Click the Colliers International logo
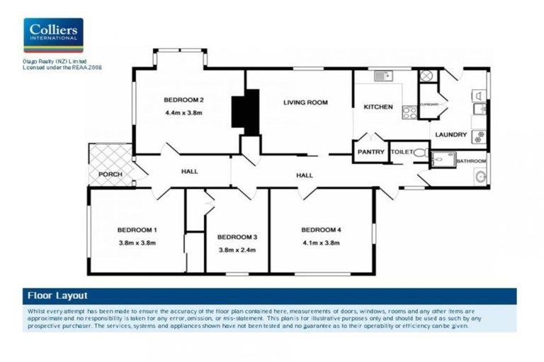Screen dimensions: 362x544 coord(53,35)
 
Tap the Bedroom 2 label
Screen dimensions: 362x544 coord(183,99)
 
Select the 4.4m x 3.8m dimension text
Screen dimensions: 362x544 coord(183,112)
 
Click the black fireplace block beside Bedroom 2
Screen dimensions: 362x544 coord(245,112)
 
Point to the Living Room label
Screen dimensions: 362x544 coord(305,103)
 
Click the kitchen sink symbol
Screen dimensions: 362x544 coord(383,75)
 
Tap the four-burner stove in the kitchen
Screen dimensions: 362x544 coord(409,111)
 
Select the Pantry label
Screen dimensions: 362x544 coord(371,152)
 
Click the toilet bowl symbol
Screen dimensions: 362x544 coord(419,152)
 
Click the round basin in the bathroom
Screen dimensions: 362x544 coord(481,177)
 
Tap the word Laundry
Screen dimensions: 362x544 coord(450,134)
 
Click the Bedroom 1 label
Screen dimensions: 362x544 coord(137,230)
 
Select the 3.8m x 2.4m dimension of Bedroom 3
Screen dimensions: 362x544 coord(236,250)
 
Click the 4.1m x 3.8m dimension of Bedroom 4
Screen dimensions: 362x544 coord(320,243)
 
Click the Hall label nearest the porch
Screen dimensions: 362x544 coord(189,171)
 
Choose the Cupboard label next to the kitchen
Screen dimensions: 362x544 coord(429,105)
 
